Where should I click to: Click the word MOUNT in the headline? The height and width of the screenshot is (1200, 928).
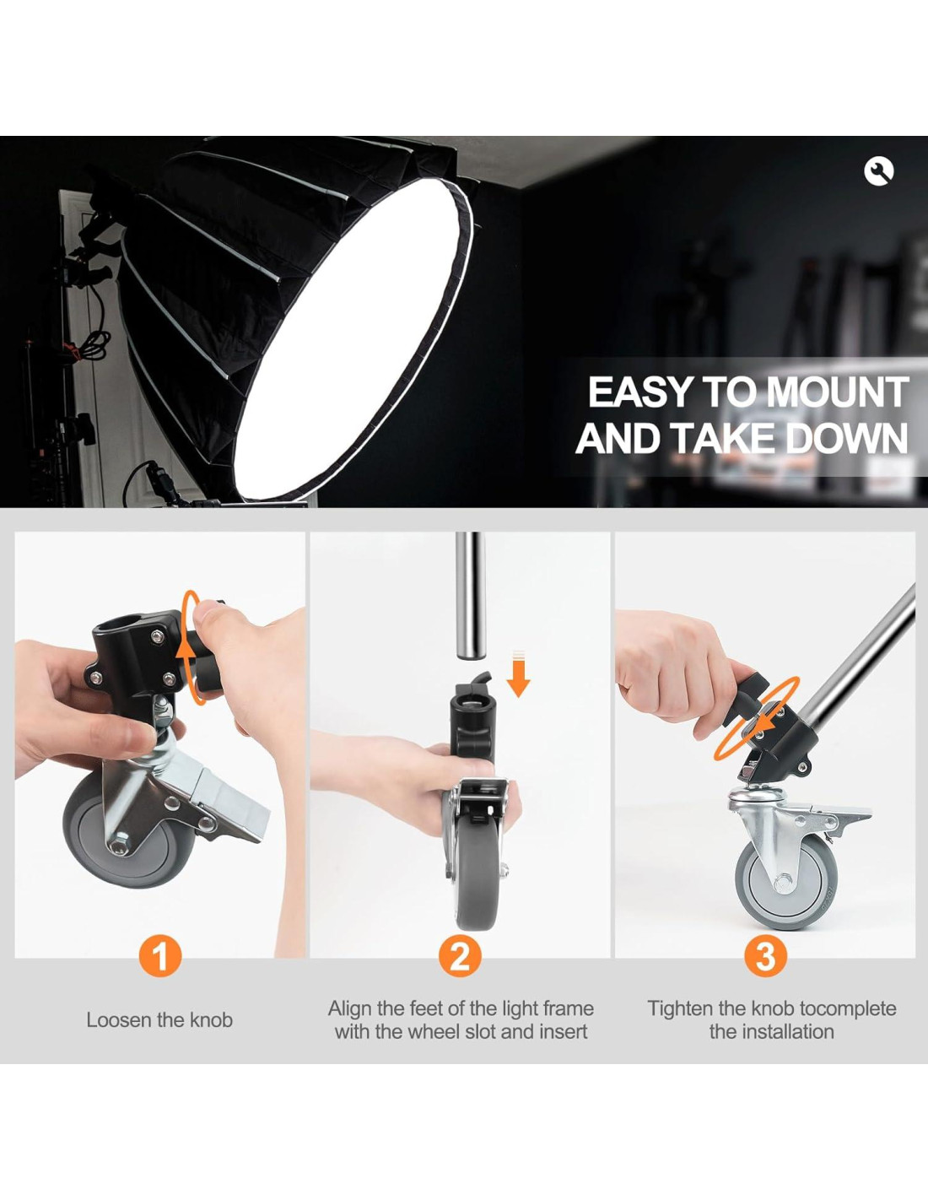837,392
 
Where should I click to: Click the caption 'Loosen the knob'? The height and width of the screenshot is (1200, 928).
159,1035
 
